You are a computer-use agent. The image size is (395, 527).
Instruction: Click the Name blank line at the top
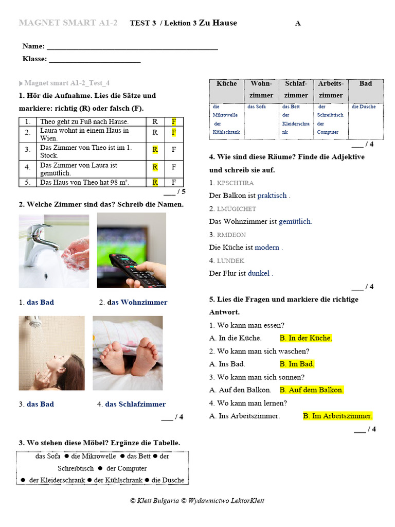[132, 47]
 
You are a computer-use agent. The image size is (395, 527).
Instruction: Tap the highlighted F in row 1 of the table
[174, 121]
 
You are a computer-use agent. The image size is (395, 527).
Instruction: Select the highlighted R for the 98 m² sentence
[154, 182]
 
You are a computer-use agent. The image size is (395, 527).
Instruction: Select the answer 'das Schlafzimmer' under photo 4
[135, 404]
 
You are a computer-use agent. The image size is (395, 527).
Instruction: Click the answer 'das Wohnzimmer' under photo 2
[137, 302]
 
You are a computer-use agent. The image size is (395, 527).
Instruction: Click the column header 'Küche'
[226, 84]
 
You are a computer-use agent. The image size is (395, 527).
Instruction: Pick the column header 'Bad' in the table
[366, 84]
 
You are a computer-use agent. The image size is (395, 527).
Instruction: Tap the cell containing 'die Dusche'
[364, 107]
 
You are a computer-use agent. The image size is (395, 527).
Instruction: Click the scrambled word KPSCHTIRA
[236, 183]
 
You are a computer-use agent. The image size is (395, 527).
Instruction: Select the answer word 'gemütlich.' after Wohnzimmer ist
[295, 221]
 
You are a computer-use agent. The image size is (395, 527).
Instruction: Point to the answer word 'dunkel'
[259, 273]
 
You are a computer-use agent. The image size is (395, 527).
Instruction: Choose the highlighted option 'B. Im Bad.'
[297, 364]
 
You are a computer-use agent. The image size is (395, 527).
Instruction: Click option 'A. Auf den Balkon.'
[240, 390]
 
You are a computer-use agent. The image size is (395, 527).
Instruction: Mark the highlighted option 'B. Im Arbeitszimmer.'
[337, 416]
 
